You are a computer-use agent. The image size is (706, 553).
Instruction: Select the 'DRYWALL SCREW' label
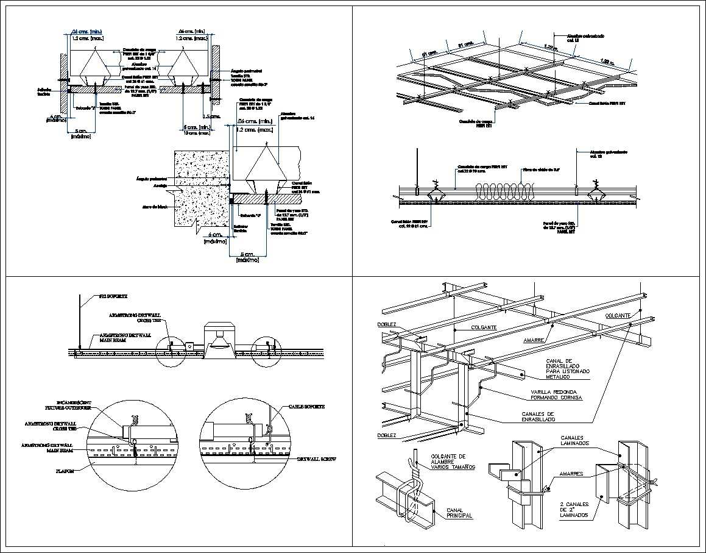(316, 459)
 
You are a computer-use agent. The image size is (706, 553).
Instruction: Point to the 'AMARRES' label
(566, 474)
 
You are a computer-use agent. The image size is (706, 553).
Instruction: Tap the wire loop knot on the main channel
(416, 476)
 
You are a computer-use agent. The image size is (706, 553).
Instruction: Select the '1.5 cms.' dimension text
(211, 116)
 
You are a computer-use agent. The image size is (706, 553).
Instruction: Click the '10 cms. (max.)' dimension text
(197, 133)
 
